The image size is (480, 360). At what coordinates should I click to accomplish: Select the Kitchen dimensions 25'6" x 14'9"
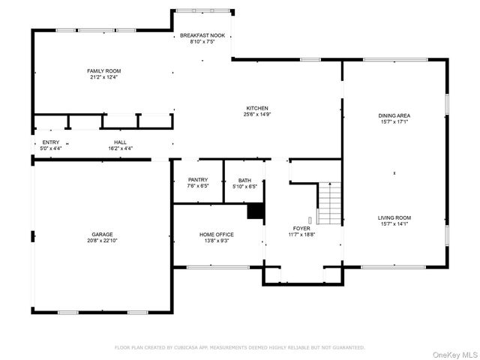pyautogui.click(x=256, y=115)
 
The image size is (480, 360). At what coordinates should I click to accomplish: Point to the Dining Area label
pyautogui.click(x=394, y=115)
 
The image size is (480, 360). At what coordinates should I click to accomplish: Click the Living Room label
pyautogui.click(x=394, y=217)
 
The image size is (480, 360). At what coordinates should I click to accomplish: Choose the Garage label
pyautogui.click(x=103, y=234)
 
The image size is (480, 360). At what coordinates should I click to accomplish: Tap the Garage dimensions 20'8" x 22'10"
pyautogui.click(x=103, y=241)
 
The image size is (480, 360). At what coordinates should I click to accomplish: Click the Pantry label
pyautogui.click(x=198, y=180)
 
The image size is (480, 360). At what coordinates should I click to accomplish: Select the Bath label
pyautogui.click(x=244, y=180)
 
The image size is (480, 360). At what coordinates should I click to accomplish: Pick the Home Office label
pyautogui.click(x=216, y=234)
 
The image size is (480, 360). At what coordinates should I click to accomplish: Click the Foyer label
pyautogui.click(x=301, y=228)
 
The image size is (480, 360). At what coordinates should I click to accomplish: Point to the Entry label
pyautogui.click(x=51, y=142)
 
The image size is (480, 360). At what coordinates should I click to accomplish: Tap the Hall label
pyautogui.click(x=120, y=142)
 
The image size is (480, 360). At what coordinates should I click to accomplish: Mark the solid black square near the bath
pyautogui.click(x=256, y=212)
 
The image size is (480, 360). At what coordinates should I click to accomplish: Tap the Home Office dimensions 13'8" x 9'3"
pyautogui.click(x=216, y=241)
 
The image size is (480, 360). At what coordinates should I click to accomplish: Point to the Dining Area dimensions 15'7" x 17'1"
pyautogui.click(x=394, y=122)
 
